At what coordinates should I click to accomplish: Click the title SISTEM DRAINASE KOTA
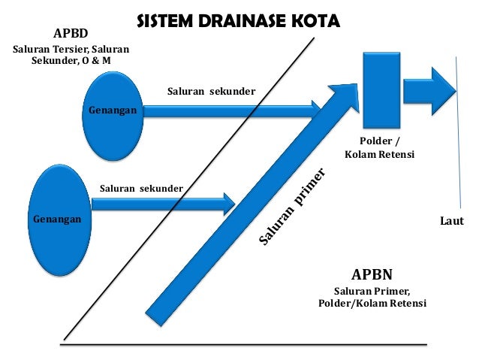[x=238, y=23]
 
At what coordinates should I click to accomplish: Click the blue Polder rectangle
[x=379, y=89]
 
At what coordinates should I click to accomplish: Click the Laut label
[x=450, y=222]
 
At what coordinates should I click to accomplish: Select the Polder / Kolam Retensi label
[x=379, y=147]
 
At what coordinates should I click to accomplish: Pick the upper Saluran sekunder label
[x=210, y=92]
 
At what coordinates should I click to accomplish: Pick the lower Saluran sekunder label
[x=140, y=187]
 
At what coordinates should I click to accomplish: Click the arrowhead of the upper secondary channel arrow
[x=317, y=110]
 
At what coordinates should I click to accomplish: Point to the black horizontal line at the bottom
[x=243, y=345]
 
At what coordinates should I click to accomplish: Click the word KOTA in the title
[x=315, y=23]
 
